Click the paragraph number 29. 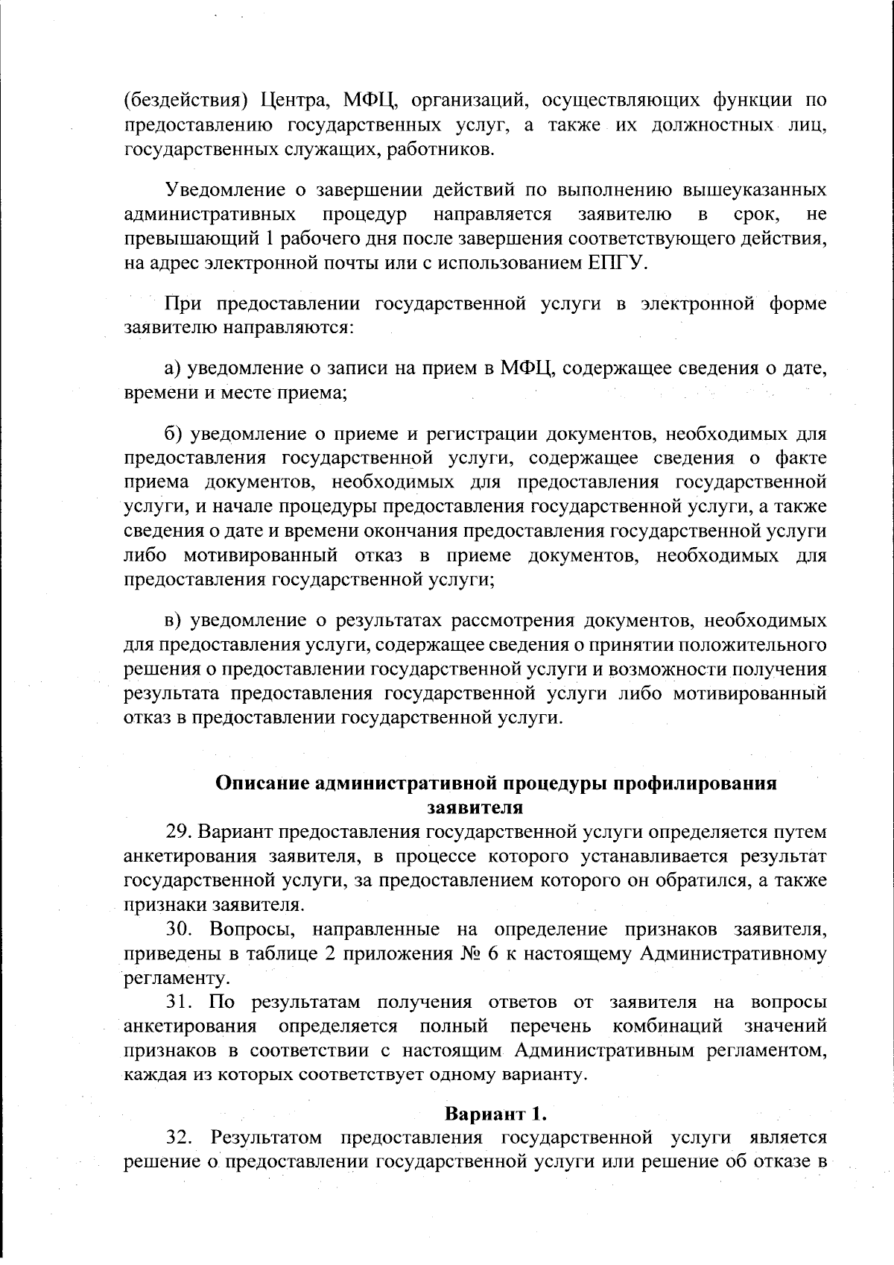[x=181, y=832]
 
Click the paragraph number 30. [x=181, y=930]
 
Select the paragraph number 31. [x=181, y=1002]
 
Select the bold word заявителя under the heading [x=475, y=807]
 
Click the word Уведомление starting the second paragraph [x=228, y=190]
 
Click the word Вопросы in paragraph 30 [x=247, y=930]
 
